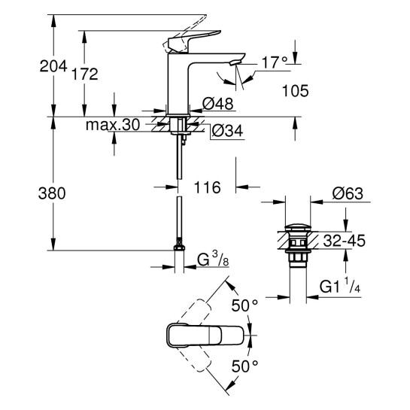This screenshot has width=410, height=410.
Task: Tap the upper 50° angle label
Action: coord(244,305)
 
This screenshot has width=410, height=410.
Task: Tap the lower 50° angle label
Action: coord(244,366)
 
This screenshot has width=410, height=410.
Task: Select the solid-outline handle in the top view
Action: coord(203,336)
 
